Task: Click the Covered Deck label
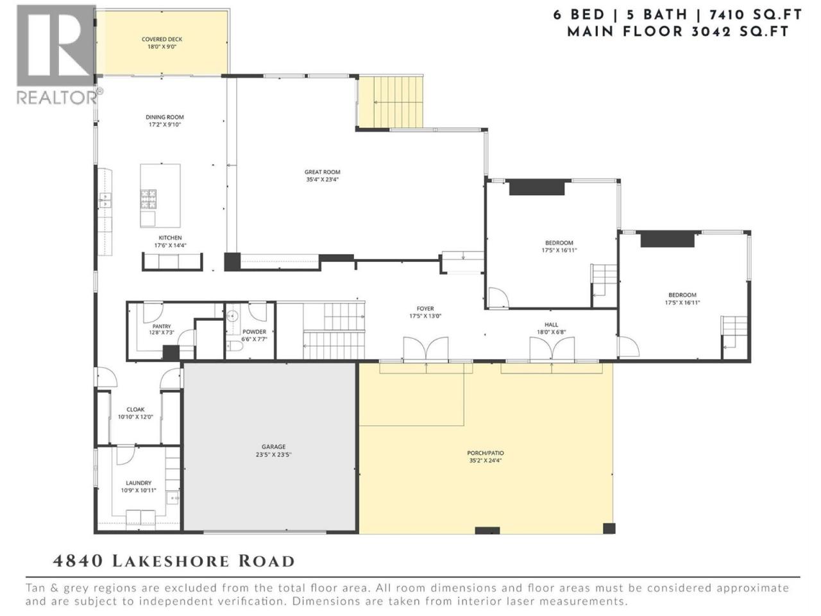point(162,39)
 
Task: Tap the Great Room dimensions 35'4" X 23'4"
point(322,180)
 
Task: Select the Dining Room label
point(165,117)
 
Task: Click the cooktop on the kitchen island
point(149,199)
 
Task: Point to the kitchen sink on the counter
point(105,200)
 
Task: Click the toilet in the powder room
point(235,346)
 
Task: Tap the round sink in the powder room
point(232,316)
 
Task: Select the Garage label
point(273,447)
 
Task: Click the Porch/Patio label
point(485,453)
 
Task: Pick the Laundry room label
point(139,483)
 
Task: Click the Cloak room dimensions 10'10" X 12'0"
point(135,416)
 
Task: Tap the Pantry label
point(162,327)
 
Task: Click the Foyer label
point(425,309)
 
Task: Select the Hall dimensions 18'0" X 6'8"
point(552,332)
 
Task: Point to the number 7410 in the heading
point(725,15)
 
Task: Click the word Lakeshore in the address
point(171,561)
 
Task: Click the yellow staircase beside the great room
point(390,102)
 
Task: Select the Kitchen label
point(170,238)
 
